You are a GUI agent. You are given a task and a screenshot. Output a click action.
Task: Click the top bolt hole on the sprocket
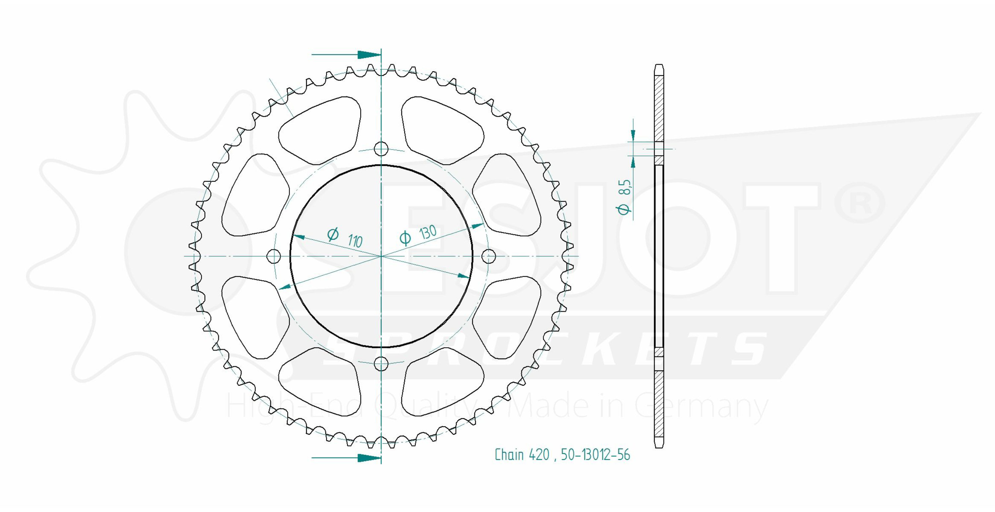[381, 148]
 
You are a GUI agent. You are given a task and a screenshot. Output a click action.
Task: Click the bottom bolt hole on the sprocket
[381, 363]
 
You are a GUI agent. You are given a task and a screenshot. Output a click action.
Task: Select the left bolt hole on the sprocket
[274, 256]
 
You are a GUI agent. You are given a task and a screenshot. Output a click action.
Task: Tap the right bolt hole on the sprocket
[489, 256]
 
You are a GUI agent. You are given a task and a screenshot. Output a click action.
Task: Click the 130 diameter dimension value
[428, 233]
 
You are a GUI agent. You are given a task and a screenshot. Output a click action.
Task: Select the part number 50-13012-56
[595, 455]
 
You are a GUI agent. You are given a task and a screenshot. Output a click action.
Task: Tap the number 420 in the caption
[539, 455]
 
